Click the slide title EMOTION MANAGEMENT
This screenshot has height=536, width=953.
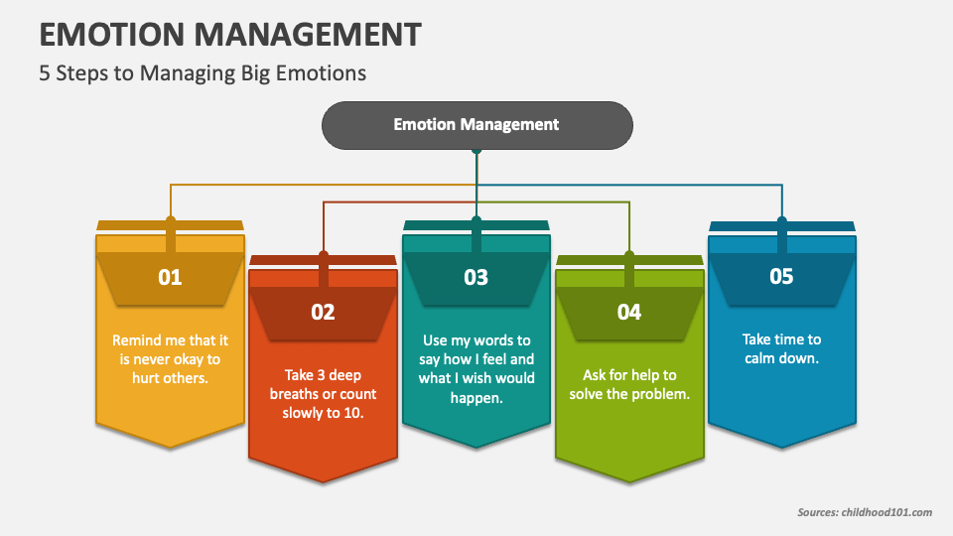click(x=230, y=34)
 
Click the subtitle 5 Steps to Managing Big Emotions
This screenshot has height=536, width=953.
click(x=203, y=72)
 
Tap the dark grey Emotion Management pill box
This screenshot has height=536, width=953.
click(x=477, y=125)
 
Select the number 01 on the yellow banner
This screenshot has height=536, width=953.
click(x=170, y=277)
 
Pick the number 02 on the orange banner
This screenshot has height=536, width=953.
click(x=323, y=312)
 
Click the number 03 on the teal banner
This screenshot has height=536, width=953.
click(x=476, y=277)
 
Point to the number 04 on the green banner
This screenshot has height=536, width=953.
click(x=629, y=312)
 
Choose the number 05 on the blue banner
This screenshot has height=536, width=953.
click(x=781, y=277)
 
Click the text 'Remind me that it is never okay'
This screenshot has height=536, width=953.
click(x=170, y=349)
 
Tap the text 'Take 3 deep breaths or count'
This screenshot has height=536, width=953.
click(x=324, y=384)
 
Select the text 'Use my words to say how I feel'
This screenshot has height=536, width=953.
click(x=476, y=349)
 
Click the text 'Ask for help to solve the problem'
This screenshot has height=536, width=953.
click(x=629, y=384)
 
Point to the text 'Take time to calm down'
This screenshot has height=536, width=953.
click(x=781, y=348)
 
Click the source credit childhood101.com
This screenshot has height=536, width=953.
click(x=886, y=512)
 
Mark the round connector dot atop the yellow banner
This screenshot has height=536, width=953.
click(x=171, y=220)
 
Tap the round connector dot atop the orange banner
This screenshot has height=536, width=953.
click(x=324, y=255)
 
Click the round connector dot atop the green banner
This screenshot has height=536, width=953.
click(x=629, y=255)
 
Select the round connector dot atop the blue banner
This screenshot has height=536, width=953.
click(x=782, y=220)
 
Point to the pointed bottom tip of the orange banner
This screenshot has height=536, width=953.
click(x=323, y=482)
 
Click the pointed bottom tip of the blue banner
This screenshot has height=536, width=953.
click(x=781, y=448)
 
